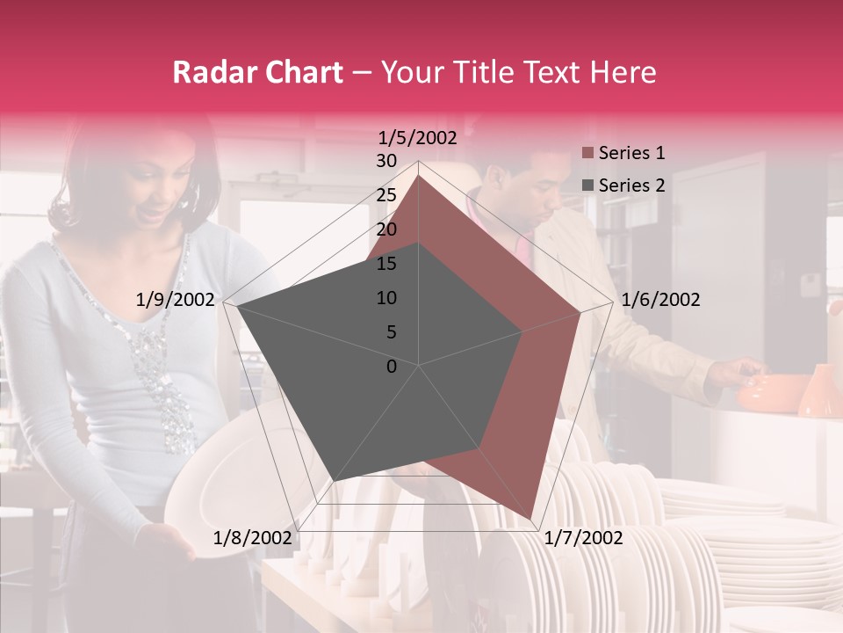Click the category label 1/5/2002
pos(418,138)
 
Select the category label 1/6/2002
pos(660,300)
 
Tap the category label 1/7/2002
pos(583,538)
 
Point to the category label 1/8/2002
pos(253,538)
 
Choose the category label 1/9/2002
pos(176,300)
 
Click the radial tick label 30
pos(386,161)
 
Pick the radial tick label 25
pos(386,195)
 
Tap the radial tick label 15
pos(386,264)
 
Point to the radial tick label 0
pos(392,367)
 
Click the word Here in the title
pos(623,72)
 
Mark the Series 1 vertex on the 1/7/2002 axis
pos(530,520)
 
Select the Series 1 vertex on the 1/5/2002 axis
pos(419,175)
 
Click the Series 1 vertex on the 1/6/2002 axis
pos(580,312)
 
